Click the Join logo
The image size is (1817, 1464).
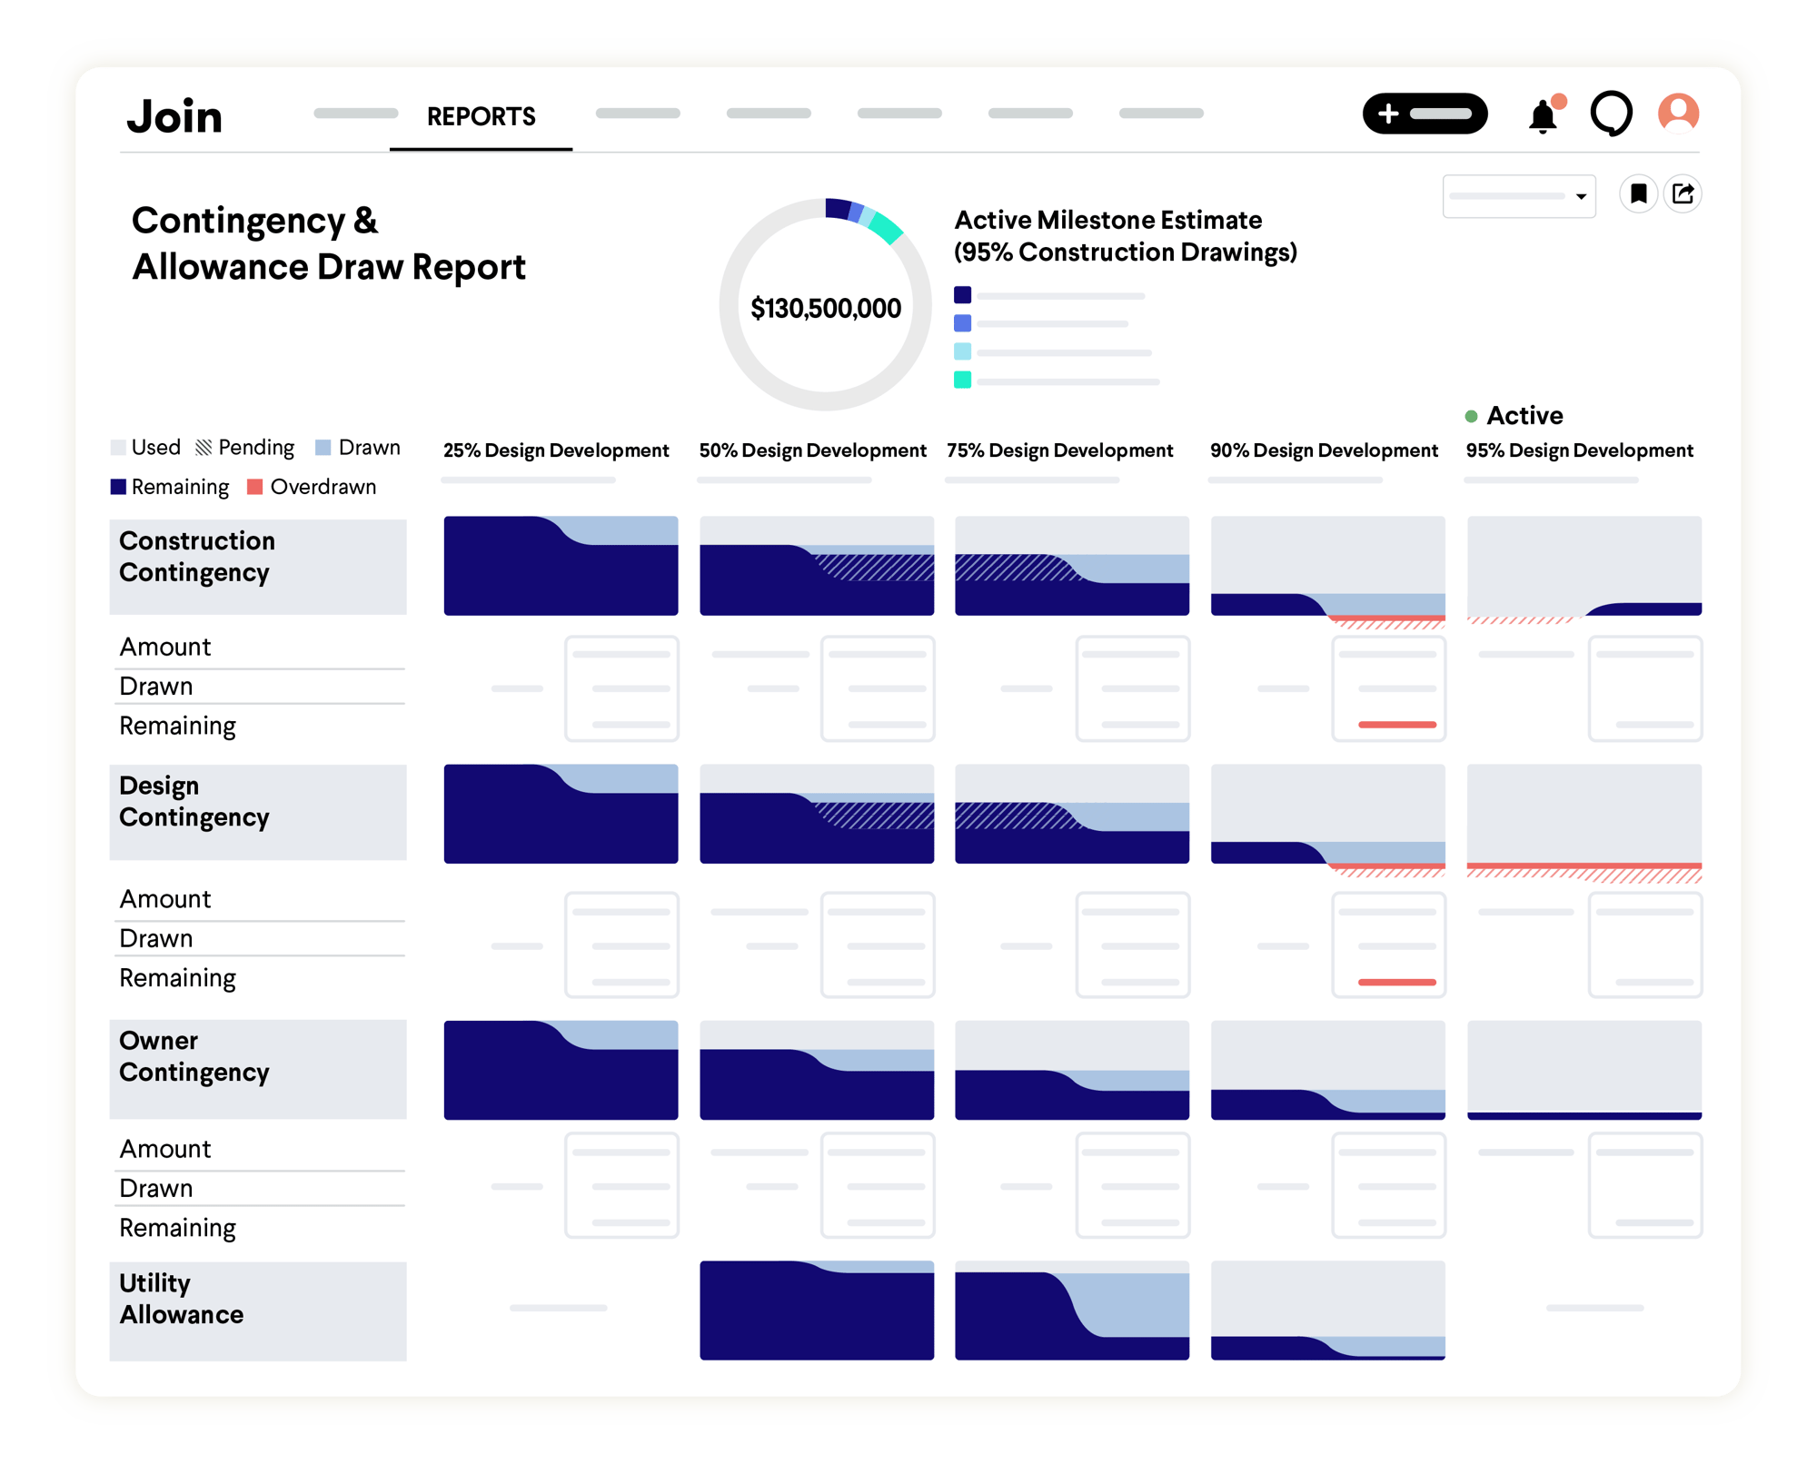[174, 116]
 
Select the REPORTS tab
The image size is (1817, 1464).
[481, 116]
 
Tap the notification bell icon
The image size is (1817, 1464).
[1543, 116]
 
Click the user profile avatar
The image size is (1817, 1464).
[1678, 114]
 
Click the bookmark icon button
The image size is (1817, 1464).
[1638, 193]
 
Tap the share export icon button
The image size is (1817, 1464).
[1683, 193]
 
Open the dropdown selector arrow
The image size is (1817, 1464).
[1581, 196]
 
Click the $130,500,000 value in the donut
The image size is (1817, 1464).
[825, 309]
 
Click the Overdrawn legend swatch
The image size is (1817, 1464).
[255, 487]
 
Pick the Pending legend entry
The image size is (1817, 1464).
[245, 448]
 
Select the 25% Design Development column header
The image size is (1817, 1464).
[556, 450]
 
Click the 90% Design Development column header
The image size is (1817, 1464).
[1324, 450]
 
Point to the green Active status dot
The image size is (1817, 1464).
[1471, 416]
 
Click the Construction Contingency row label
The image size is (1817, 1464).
[196, 557]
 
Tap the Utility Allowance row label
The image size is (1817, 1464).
[182, 1299]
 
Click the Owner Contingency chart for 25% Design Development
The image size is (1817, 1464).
[561, 1070]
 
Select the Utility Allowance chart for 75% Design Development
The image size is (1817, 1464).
[1072, 1310]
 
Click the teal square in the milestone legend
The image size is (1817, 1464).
[962, 380]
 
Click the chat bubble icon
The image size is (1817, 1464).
[1611, 114]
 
